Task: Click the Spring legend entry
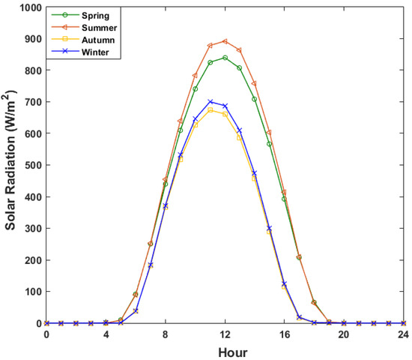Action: [x=79, y=14]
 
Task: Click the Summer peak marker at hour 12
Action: [x=225, y=41]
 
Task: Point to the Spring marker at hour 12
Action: [x=225, y=58]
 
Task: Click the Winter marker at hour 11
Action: [x=210, y=102]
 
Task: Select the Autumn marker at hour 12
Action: [x=225, y=114]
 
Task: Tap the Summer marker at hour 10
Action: [x=195, y=76]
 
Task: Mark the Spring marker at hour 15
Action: [x=269, y=144]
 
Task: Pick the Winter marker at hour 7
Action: [x=151, y=265]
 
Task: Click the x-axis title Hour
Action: [x=224, y=351]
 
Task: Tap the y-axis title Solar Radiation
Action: [x=10, y=165]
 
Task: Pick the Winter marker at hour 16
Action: [x=284, y=283]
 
